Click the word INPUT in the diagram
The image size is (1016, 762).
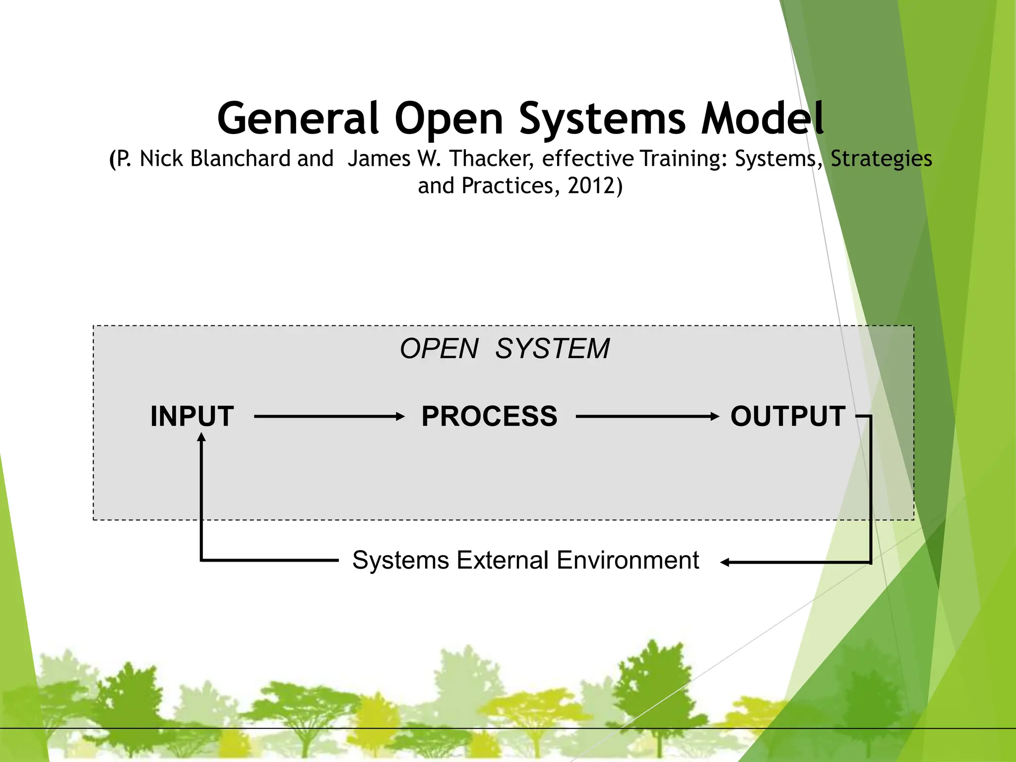point(192,416)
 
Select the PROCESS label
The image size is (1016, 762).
point(489,416)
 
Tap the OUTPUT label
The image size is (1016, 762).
point(788,416)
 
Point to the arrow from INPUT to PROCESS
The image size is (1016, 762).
point(329,417)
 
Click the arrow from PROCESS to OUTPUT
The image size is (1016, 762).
point(647,417)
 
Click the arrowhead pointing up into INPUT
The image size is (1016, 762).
point(201,437)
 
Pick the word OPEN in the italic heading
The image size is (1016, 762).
point(439,349)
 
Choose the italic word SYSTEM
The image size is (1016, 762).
point(552,349)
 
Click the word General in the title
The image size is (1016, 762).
point(298,119)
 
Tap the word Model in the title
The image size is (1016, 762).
point(762,119)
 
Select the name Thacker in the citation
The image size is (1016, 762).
point(491,159)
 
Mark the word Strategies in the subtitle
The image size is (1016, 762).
point(881,159)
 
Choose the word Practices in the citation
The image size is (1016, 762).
point(507,186)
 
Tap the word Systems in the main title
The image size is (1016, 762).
point(602,119)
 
